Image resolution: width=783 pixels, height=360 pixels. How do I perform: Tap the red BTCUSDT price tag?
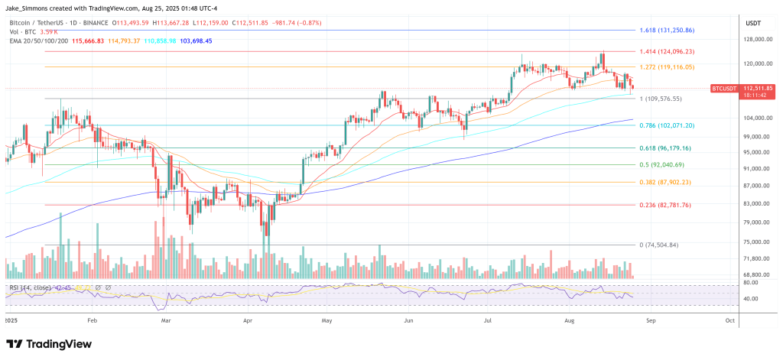(x=725, y=89)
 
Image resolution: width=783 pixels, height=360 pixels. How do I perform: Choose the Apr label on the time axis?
(x=247, y=321)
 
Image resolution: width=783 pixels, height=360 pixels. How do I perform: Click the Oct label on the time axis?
(x=730, y=321)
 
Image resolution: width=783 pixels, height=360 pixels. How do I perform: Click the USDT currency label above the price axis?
(x=753, y=22)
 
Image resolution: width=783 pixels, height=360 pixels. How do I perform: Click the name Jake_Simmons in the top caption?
(x=29, y=8)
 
